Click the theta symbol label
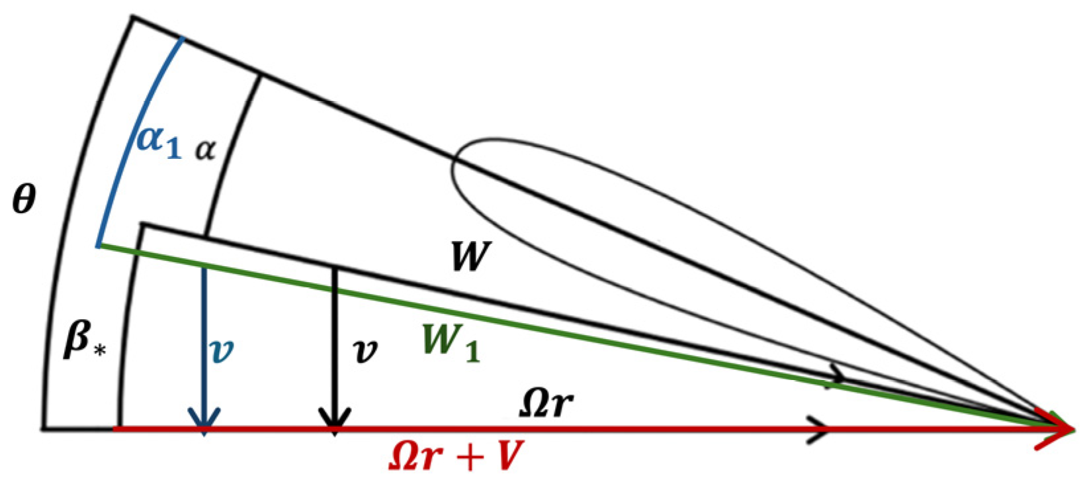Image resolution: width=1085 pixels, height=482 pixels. (24, 199)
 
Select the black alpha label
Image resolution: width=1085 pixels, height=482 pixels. (206, 150)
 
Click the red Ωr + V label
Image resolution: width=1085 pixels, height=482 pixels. (456, 456)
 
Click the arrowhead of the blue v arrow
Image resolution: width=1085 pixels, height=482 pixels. (204, 421)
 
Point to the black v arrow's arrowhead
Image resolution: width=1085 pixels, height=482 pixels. (335, 421)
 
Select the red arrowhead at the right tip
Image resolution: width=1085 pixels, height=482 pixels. (1059, 429)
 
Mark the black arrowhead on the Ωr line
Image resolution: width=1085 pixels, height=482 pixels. (818, 429)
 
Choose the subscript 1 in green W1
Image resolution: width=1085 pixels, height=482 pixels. (472, 351)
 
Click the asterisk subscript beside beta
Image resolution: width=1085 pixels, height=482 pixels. (100, 350)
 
